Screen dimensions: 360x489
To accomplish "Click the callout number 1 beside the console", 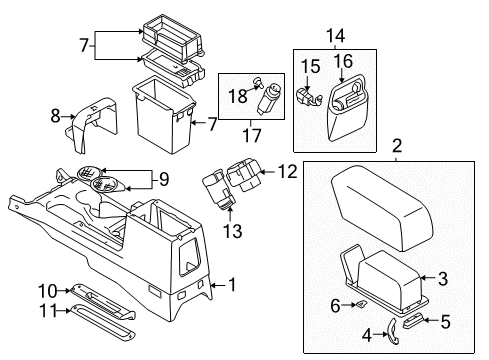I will pos(233,285).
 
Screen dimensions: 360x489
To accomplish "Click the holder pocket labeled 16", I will pos(345,110).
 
